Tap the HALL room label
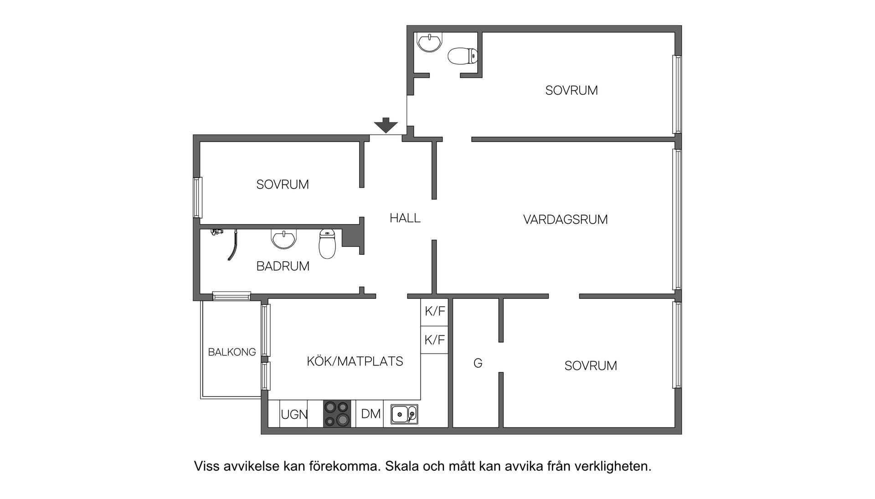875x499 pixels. (x=405, y=218)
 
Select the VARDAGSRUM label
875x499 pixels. (x=565, y=220)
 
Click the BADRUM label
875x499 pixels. (x=283, y=266)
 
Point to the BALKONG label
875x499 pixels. (x=232, y=352)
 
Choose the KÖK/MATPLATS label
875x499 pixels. (x=355, y=361)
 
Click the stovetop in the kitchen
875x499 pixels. (x=337, y=414)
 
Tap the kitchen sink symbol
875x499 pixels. (x=404, y=414)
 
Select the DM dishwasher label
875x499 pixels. (x=371, y=414)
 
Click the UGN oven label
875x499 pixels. (x=294, y=415)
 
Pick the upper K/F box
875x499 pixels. (x=434, y=312)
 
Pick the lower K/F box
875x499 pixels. (x=434, y=340)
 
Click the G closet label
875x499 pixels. (x=478, y=363)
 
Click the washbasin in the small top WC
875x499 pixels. (x=429, y=42)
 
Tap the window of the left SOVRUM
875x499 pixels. (x=197, y=197)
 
